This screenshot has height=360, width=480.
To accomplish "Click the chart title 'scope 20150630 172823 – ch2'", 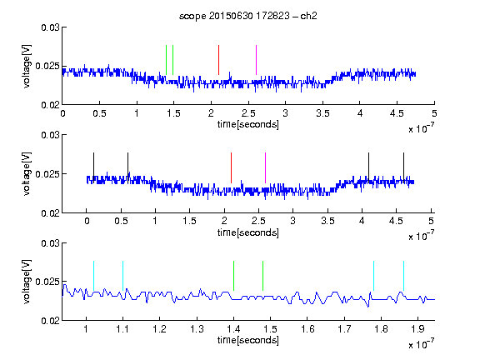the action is (x=248, y=16).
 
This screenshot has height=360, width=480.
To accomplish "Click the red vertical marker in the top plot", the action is (x=218, y=60).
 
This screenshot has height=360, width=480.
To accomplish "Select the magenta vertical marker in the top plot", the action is (x=256, y=60).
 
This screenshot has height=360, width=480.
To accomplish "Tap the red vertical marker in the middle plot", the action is (x=231, y=167).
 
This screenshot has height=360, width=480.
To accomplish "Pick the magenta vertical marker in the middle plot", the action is (x=265, y=167).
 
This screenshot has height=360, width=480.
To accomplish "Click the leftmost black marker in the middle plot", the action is (x=94, y=167).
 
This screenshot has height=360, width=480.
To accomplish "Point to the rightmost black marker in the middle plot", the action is (x=404, y=167).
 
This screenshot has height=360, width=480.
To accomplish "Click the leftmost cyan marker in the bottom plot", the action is (x=93, y=276).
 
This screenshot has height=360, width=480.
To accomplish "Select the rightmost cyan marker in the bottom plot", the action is (x=404, y=276).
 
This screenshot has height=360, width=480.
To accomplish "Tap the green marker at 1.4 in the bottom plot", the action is (x=234, y=276).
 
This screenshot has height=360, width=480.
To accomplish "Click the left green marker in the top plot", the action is (x=166, y=60).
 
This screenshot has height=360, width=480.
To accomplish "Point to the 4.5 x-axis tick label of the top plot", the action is (x=397, y=113).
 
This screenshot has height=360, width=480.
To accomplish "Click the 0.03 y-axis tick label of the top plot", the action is (x=50, y=27).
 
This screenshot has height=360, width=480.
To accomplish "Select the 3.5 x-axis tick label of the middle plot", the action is (x=327, y=221).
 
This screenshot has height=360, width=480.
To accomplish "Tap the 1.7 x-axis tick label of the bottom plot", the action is (x=344, y=329).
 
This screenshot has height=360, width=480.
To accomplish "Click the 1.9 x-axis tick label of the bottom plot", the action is (x=417, y=329).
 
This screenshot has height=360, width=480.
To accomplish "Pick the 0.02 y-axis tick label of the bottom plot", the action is (x=50, y=321).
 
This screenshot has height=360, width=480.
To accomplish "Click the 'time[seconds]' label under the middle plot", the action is (x=248, y=232).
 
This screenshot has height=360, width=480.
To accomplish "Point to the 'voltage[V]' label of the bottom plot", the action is (x=27, y=282).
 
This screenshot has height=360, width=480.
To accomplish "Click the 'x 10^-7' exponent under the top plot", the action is (x=421, y=128).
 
